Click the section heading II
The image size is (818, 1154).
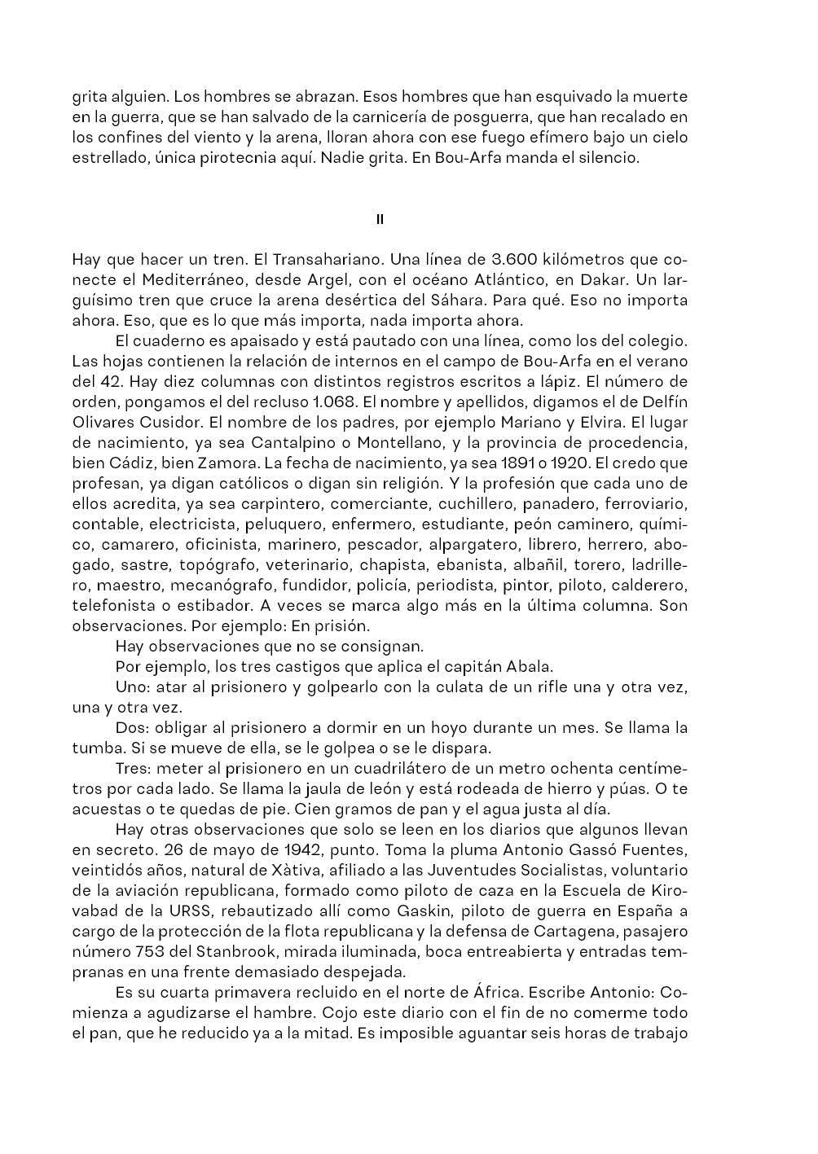point(380,219)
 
